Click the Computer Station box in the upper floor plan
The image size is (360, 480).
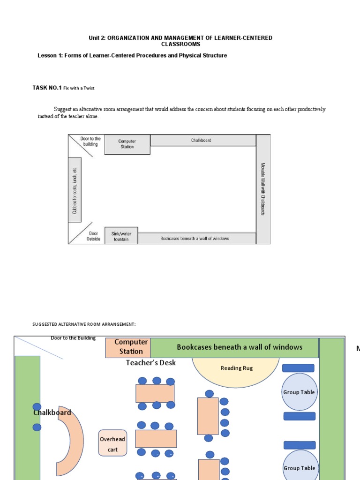coord(127,144)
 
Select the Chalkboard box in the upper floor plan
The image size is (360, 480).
coord(202,140)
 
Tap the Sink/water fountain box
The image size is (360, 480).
coord(121,236)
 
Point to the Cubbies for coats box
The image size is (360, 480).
coord(75,190)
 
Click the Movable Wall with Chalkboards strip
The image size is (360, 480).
coord(263,189)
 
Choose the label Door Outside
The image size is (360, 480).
coord(93,236)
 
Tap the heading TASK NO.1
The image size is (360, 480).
coord(47,88)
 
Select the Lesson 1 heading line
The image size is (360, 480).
coord(132,55)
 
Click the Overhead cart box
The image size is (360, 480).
coord(112,443)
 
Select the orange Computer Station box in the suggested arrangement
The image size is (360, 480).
coord(127,347)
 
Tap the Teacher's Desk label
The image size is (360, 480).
coord(151,362)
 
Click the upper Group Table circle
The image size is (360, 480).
coord(299,392)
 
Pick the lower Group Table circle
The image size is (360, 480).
coord(299,467)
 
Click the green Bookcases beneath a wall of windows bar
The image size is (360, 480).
coord(234,347)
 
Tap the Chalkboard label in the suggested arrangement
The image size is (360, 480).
coord(52,412)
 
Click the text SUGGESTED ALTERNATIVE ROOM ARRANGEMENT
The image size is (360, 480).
coord(84,324)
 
